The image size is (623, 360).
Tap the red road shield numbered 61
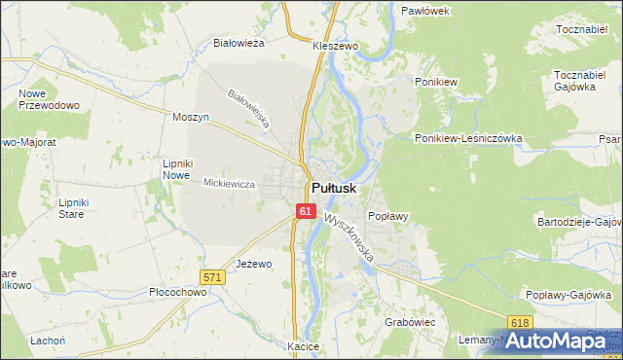pos(306,211)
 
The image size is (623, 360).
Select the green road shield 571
pos(214,277)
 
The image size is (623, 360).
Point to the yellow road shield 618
pos(520,322)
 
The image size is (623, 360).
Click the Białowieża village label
pos(239,43)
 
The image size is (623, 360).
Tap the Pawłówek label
pos(424,10)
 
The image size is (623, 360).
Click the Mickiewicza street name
pos(229,183)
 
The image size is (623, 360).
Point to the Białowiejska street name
pos(247,111)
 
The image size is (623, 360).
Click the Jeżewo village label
pos(253,264)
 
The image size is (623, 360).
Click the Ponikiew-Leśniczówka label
pos(468,138)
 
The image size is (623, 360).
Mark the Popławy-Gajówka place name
pos(567,294)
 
